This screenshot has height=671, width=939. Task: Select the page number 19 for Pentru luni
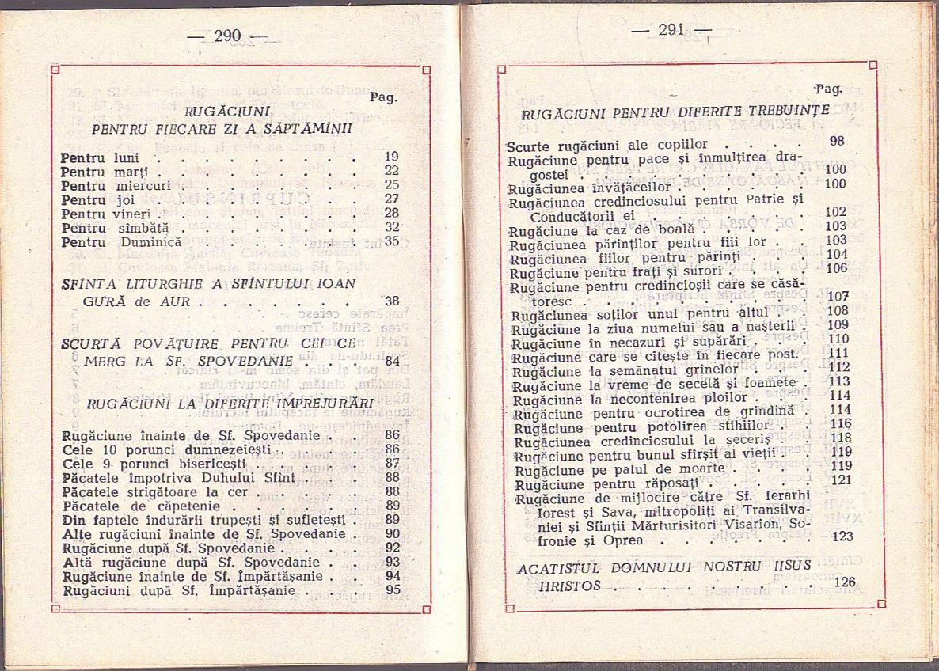point(391,157)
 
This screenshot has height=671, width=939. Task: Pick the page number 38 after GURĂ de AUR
point(392,301)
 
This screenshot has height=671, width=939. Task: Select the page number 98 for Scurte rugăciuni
point(815,141)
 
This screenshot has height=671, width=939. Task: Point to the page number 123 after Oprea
point(842,536)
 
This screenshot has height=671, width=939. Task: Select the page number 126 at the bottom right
point(845,582)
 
